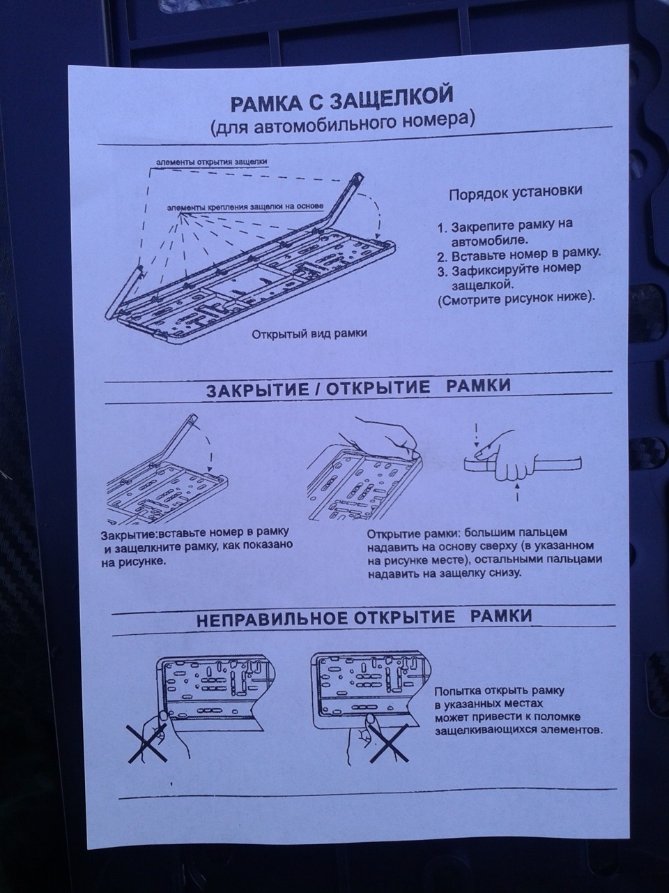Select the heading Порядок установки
[x=515, y=193]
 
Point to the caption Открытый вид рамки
[x=309, y=334]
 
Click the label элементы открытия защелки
[x=212, y=162]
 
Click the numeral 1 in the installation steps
[x=442, y=228]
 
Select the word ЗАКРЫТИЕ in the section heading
[x=257, y=390]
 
